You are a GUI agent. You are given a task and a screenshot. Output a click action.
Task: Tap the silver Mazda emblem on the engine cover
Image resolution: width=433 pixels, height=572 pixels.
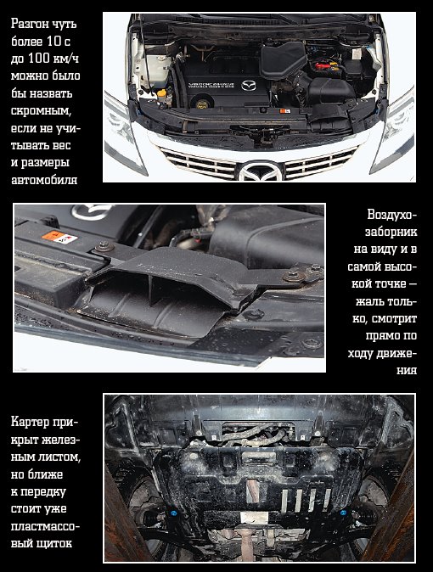[x=249, y=86]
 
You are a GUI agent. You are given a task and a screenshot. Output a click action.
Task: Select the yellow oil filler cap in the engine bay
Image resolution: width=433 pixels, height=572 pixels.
[x=201, y=104]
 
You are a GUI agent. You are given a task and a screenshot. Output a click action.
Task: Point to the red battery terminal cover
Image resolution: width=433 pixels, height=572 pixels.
[x=323, y=67]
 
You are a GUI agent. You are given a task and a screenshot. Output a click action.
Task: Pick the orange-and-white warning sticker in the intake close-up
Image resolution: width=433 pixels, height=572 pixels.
[x=59, y=237]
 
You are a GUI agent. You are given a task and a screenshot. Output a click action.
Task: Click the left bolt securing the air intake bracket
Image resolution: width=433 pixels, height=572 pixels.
[x=104, y=246]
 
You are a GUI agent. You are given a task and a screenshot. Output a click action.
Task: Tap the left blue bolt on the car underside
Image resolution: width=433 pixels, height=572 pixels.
[x=173, y=513]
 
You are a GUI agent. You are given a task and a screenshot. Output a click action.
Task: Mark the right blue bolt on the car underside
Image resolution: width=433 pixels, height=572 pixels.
[x=343, y=513]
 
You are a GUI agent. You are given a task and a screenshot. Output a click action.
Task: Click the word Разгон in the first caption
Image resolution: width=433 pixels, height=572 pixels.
[x=29, y=24]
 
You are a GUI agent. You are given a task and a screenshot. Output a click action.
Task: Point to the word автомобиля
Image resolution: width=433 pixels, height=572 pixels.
[x=44, y=180]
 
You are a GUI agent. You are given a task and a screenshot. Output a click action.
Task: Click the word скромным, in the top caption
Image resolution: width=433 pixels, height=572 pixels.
[x=40, y=111]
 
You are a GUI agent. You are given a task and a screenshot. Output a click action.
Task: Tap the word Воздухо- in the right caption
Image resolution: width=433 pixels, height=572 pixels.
[x=391, y=215]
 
